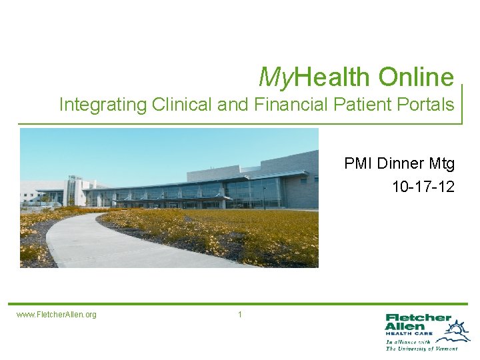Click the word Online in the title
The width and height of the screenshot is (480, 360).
click(x=416, y=77)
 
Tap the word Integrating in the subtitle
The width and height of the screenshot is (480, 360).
click(x=103, y=105)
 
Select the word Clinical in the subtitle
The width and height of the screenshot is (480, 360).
click(x=181, y=105)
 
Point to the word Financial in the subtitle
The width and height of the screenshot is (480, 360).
click(x=279, y=105)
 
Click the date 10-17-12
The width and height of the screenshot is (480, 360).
click(x=423, y=186)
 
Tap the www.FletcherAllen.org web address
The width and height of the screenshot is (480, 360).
click(x=57, y=315)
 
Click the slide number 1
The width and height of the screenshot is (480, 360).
click(x=240, y=314)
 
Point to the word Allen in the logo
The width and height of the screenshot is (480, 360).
click(x=405, y=327)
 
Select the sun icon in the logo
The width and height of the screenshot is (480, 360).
click(x=458, y=329)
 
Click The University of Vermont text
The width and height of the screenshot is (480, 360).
click(x=422, y=349)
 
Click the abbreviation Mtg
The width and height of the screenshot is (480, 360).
click(x=441, y=163)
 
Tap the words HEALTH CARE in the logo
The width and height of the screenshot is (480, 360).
click(x=409, y=333)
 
